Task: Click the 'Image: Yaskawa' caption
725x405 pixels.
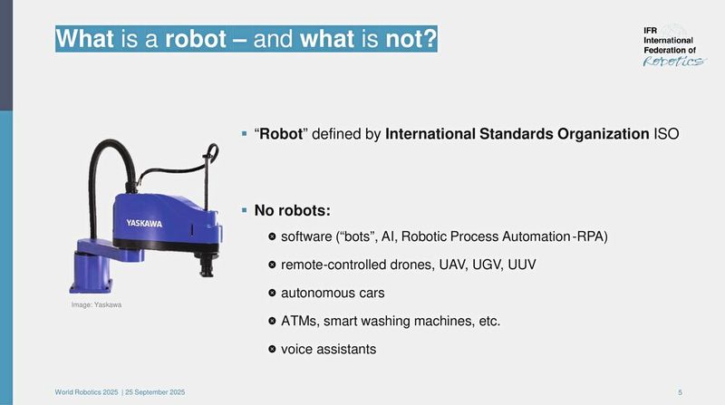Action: (96, 305)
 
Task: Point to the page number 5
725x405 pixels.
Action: (680, 391)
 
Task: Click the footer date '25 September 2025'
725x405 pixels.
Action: (156, 391)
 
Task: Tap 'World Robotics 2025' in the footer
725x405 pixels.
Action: (86, 391)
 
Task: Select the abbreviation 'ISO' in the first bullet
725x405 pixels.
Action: (666, 135)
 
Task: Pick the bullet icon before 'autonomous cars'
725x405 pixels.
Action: (272, 294)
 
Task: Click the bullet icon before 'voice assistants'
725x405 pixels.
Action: (272, 350)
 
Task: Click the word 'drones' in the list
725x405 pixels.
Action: (413, 265)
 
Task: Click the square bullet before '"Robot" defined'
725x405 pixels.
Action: (245, 134)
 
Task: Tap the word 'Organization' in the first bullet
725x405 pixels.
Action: (600, 135)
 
